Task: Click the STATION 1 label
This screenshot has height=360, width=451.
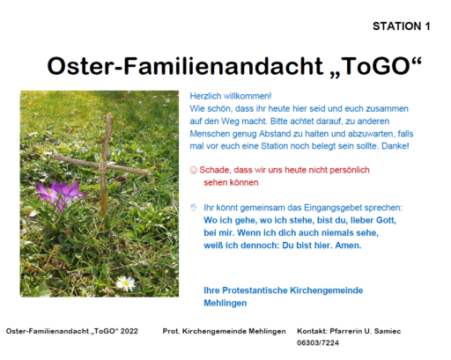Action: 402,26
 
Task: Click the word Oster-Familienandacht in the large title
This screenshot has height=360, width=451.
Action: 185,66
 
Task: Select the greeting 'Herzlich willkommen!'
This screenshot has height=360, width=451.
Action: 231,96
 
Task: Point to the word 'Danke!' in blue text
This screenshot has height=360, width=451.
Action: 396,146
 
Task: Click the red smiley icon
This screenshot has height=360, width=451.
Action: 193,170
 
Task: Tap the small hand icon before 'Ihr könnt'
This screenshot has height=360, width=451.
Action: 194,208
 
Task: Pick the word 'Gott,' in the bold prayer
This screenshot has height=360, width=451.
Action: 386,220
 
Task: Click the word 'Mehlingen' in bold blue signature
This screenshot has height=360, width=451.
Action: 225,303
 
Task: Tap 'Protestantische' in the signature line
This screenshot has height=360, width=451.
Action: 255,290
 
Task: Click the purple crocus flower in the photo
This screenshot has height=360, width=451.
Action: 62,192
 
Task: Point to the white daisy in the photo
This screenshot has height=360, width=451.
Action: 126,283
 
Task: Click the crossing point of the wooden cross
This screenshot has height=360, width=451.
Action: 103,166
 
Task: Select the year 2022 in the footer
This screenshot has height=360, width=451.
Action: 129,331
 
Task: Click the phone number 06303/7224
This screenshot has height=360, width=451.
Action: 318,342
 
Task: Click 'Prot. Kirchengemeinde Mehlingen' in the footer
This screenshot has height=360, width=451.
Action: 224,331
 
